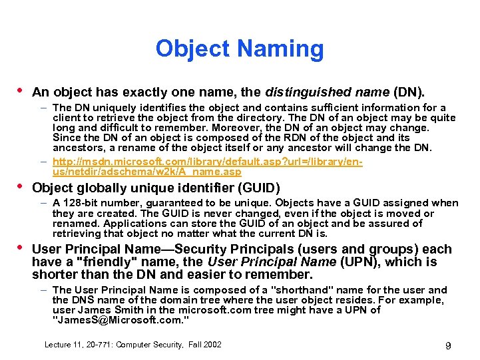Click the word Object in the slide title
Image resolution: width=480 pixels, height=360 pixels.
click(x=191, y=49)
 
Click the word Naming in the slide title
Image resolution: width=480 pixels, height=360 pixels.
click(x=279, y=49)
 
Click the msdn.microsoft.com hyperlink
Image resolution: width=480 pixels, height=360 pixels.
click(x=206, y=167)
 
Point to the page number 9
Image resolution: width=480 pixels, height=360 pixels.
click(x=448, y=345)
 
